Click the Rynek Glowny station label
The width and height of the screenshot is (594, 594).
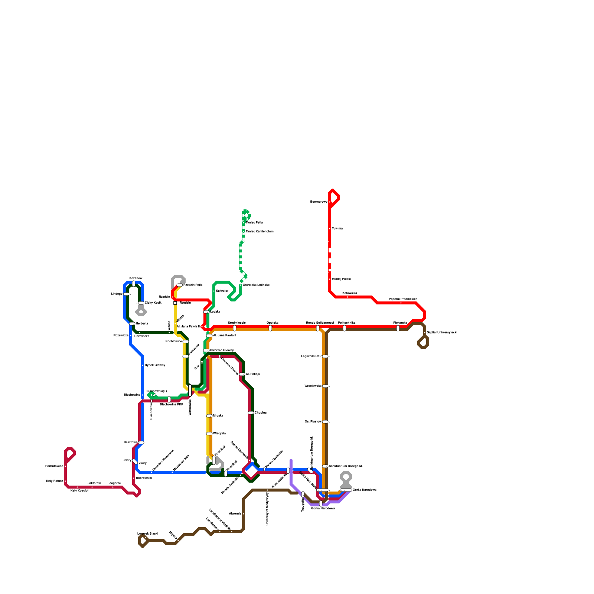coord(155,365)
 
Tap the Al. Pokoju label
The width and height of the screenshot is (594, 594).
coord(253,374)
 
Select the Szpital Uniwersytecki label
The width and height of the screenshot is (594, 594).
coord(442,333)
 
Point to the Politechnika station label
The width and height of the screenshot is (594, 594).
coord(346,323)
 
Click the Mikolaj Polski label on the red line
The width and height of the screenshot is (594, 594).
coord(341,279)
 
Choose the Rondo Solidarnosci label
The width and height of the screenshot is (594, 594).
coord(320,323)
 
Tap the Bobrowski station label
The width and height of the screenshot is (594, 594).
coord(144,478)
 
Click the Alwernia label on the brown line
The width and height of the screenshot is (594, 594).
coord(235,514)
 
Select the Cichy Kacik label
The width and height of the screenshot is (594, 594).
coord(153,303)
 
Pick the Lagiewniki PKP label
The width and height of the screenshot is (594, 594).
coord(311,356)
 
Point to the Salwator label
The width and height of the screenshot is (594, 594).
coord(222,291)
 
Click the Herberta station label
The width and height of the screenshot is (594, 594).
coord(142,324)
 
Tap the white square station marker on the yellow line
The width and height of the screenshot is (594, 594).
coord(175,303)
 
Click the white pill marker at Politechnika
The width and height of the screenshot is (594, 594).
coord(345,328)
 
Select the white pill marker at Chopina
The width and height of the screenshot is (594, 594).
coord(251,413)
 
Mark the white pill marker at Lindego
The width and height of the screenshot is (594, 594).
coord(126,294)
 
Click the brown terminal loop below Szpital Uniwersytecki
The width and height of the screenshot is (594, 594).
coord(423,342)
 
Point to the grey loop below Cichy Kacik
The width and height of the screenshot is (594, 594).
coord(141,312)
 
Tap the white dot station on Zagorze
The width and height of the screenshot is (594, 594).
coord(113,487)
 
